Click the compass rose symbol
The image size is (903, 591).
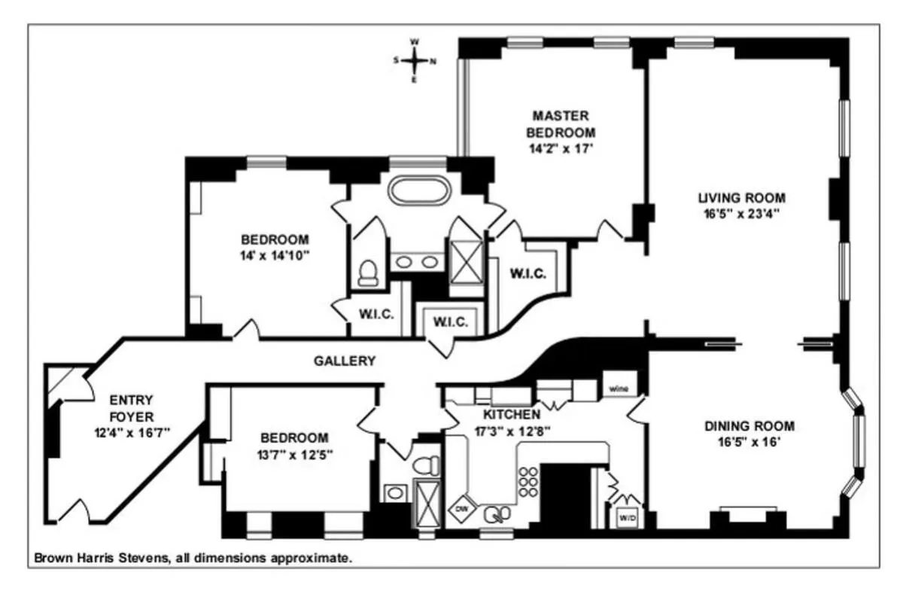(x=413, y=60)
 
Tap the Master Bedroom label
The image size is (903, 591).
(x=561, y=124)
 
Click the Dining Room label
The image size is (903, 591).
(x=749, y=426)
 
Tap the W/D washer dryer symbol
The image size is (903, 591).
(x=627, y=517)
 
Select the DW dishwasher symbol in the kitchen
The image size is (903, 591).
(x=461, y=509)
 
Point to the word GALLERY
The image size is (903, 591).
(x=344, y=361)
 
